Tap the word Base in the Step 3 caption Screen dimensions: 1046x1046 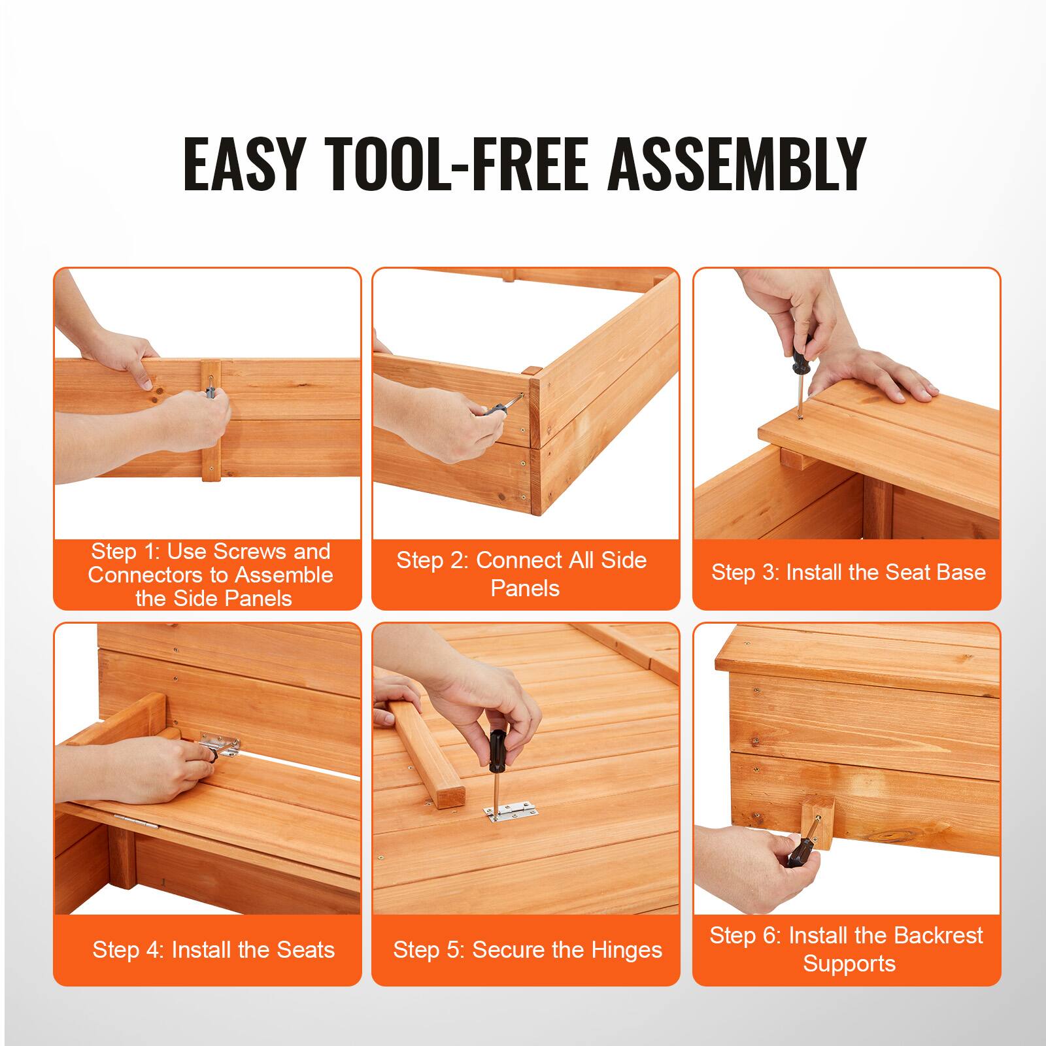(x=961, y=573)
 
